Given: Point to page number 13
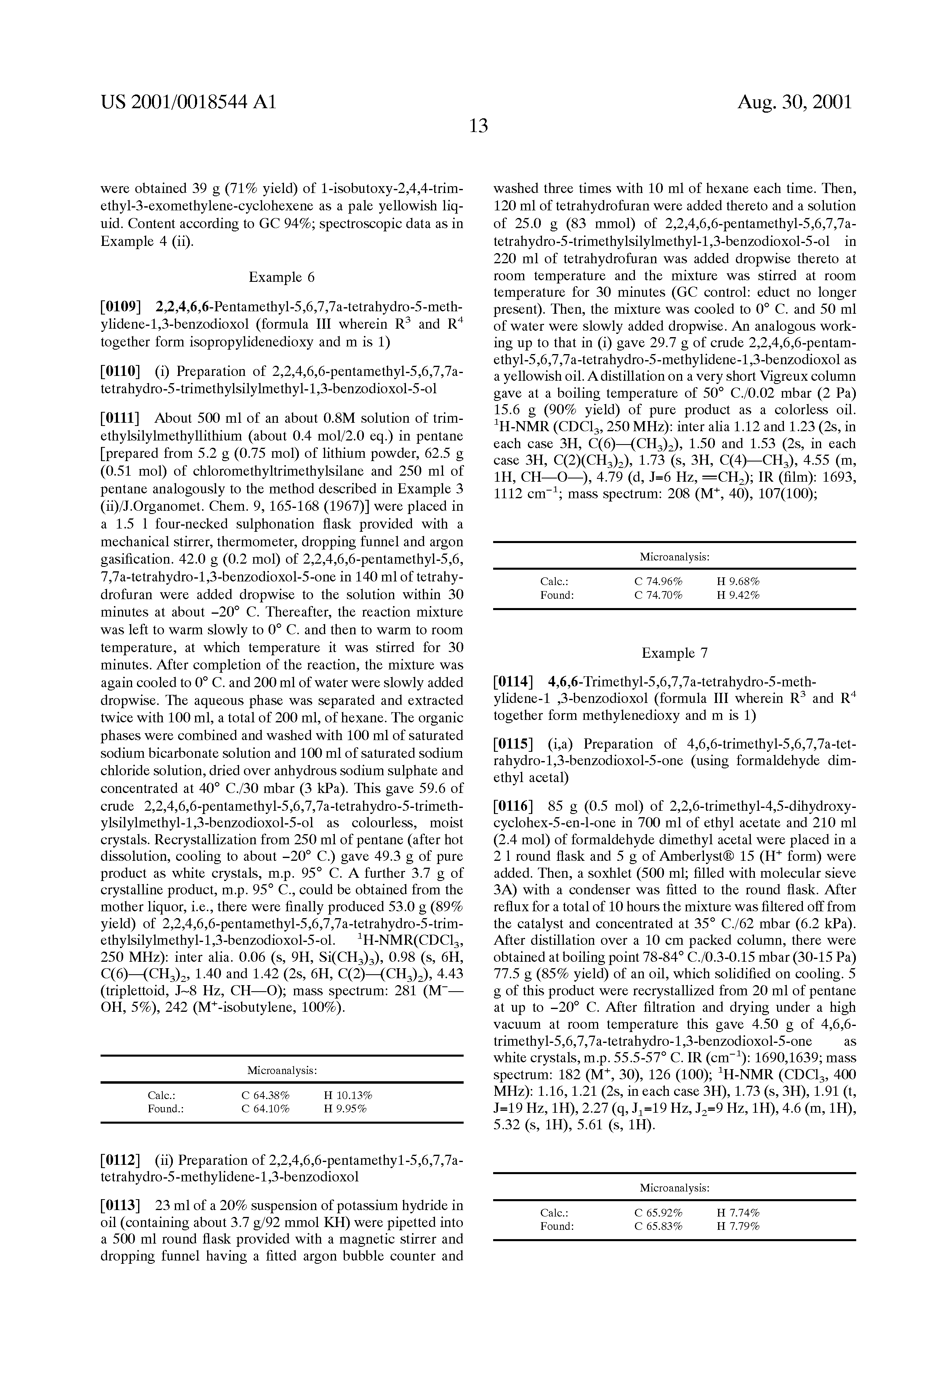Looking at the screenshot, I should [478, 126].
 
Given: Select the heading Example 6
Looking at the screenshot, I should [282, 277].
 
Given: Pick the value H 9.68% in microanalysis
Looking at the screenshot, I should [738, 581].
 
